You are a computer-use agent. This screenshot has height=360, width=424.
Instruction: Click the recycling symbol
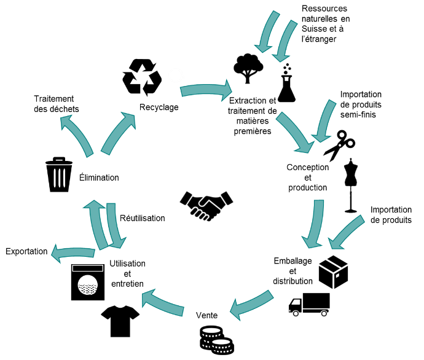[141, 77]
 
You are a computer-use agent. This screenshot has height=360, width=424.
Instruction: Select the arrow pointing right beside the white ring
[206, 90]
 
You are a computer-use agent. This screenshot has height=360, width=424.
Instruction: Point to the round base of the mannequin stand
[351, 212]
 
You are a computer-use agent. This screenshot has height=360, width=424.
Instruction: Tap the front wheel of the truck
[296, 313]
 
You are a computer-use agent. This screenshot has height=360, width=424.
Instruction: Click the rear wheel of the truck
[324, 313]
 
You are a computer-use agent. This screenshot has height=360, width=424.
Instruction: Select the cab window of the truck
[296, 302]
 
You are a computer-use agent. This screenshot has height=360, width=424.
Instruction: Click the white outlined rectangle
[87, 268]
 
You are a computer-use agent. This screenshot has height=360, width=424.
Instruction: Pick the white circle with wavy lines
[88, 285]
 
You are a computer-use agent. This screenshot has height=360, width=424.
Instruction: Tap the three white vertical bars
[59, 178]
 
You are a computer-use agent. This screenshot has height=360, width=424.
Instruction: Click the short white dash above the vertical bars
[59, 160]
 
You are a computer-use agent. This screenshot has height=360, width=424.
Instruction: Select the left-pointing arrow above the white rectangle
[73, 252]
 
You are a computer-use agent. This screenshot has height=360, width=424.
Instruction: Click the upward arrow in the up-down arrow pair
[96, 224]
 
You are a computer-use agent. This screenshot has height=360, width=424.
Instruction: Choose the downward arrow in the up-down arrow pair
[114, 226]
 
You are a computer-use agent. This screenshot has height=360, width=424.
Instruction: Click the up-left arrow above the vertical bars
[77, 135]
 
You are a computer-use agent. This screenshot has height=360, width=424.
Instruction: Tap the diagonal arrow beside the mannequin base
[347, 233]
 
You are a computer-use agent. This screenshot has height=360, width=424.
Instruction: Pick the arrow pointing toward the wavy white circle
[163, 303]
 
